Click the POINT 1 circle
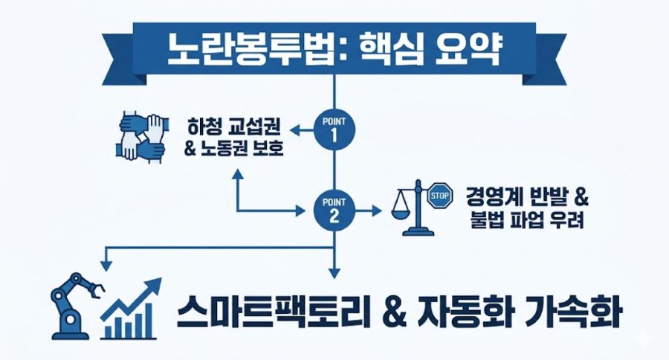[334, 130]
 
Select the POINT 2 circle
[334, 210]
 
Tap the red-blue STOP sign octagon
[440, 196]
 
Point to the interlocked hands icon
[140, 136]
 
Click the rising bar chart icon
[131, 309]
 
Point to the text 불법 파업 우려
[527, 219]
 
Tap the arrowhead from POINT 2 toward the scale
[376, 210]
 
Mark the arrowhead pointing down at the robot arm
[106, 266]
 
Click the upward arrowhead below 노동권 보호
[237, 173]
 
